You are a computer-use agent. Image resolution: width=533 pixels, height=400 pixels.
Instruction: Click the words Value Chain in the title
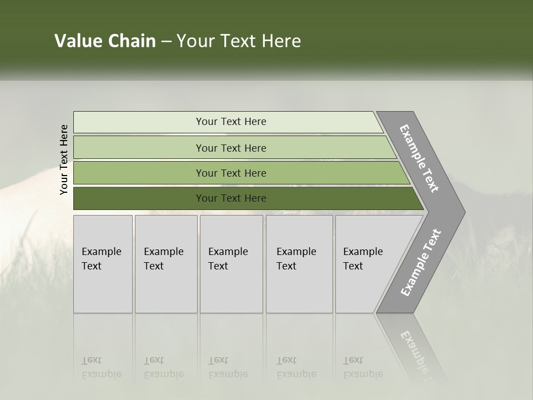click(105, 41)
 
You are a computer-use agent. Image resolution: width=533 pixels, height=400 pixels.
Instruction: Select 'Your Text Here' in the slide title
click(239, 41)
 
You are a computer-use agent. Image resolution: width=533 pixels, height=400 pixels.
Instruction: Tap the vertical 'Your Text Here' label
click(64, 159)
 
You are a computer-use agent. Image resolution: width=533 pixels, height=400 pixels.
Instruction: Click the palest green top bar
click(139, 122)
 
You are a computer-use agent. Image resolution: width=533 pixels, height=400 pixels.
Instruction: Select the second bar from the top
click(139, 148)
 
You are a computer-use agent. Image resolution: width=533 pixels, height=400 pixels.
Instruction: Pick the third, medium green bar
click(139, 173)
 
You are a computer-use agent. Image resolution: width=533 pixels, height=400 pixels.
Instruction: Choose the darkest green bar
click(139, 198)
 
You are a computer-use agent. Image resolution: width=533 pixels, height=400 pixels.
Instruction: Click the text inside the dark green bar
click(231, 198)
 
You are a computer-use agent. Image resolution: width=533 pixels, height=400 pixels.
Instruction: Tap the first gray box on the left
click(103, 264)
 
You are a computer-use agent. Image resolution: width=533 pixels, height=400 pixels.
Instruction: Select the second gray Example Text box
click(165, 264)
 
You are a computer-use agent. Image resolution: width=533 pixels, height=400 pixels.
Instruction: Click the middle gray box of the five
click(231, 264)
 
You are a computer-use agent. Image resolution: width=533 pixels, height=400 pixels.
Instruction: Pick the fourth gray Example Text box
click(299, 264)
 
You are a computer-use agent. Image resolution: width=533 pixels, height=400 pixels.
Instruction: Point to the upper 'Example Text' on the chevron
click(420, 158)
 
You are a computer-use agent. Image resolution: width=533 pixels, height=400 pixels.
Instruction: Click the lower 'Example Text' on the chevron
click(421, 262)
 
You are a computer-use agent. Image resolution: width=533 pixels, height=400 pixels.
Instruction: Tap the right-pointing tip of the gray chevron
click(461, 212)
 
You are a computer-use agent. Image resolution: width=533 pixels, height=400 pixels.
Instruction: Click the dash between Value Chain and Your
click(166, 41)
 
